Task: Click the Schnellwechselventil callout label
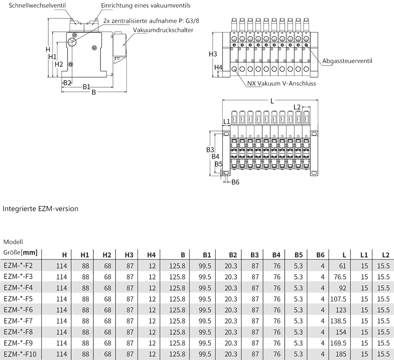[37, 5]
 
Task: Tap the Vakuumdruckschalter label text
[163, 30]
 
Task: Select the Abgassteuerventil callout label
[347, 61]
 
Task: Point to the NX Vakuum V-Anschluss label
[281, 83]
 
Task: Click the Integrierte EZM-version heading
[40, 209]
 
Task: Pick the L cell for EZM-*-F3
[340, 277]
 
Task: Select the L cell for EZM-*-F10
[341, 354]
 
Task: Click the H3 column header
[129, 255]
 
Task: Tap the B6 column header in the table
[320, 255]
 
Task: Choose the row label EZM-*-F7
[18, 321]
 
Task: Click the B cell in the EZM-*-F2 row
[177, 266]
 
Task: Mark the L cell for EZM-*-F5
[338, 299]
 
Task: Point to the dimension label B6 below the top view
[235, 182]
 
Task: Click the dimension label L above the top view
[272, 101]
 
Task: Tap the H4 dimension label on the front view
[218, 68]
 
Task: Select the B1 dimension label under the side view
[86, 87]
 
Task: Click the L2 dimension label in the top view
[297, 107]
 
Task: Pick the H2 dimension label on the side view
[59, 64]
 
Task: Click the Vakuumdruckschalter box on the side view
[119, 45]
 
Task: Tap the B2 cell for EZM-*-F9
[231, 343]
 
